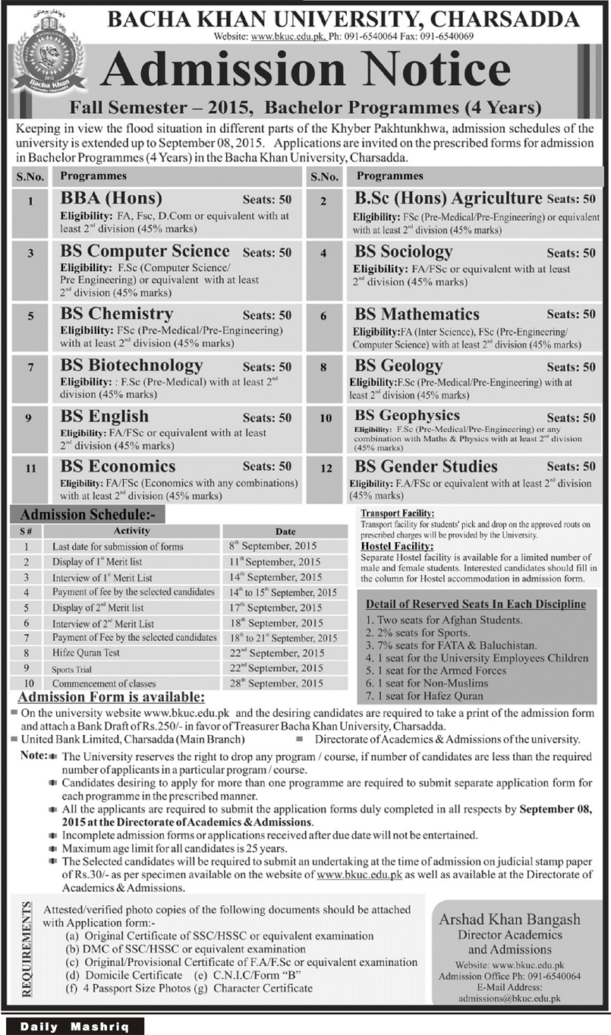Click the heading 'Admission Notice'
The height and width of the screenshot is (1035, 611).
305,73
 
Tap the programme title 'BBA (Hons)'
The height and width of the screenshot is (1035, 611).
112,199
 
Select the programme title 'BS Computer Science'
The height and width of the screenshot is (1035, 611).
146,251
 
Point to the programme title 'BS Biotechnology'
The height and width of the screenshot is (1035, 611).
132,365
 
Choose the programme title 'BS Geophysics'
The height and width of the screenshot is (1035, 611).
408,415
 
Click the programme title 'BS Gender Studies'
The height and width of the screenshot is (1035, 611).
427,466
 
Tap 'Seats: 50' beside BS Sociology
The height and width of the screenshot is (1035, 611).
571,253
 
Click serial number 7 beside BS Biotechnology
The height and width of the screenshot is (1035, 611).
31,367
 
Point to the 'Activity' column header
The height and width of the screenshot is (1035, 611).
131,531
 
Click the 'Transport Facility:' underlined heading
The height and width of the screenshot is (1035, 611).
398,514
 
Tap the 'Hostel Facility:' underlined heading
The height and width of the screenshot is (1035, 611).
398,546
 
